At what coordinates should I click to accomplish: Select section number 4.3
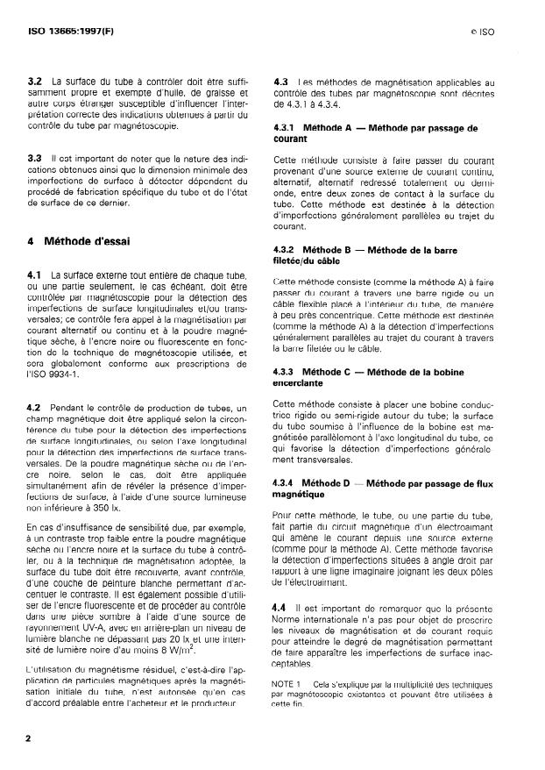click(282, 82)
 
